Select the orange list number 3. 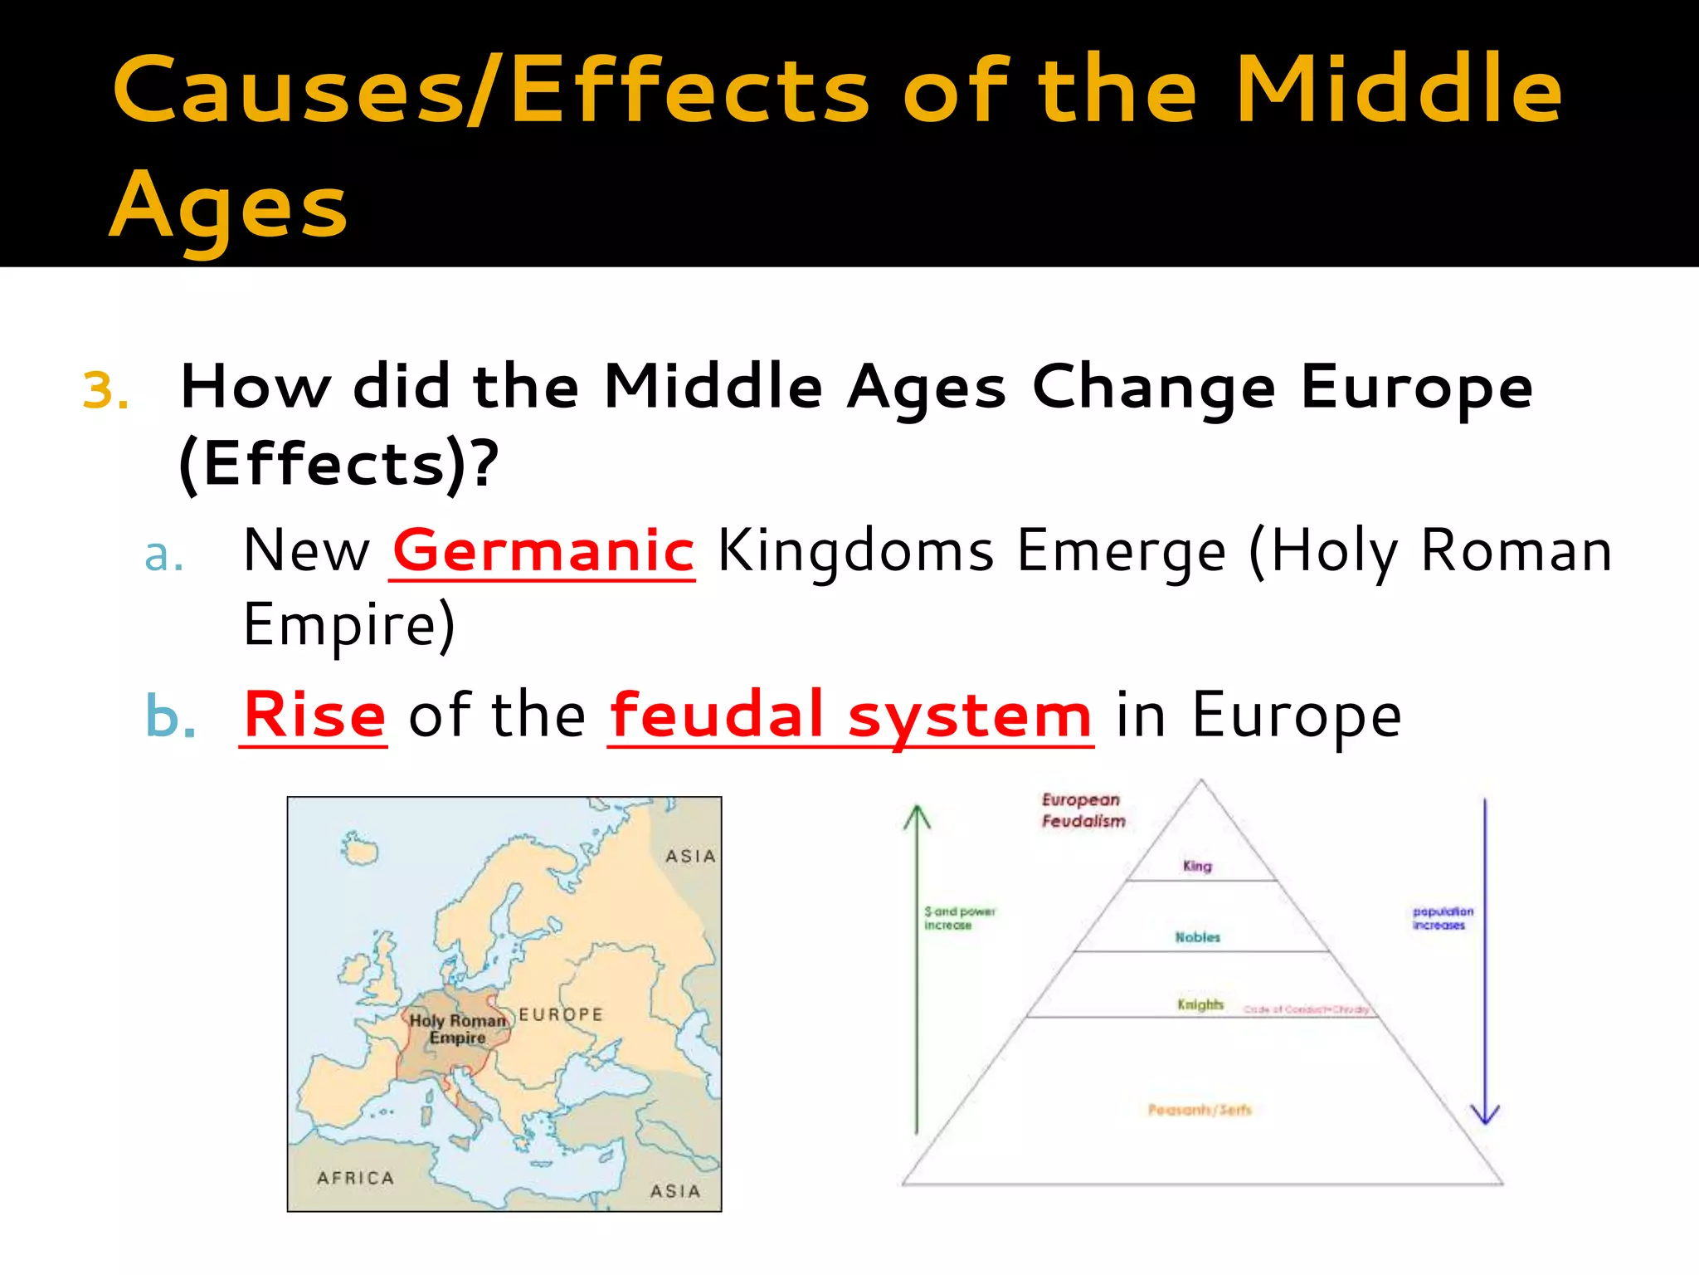[x=105, y=390]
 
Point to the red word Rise [x=314, y=715]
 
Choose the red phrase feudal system [x=850, y=715]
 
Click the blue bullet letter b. [x=170, y=716]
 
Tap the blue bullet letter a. [x=163, y=554]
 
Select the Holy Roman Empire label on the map [x=457, y=1029]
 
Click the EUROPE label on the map [x=561, y=1014]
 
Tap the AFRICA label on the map [x=355, y=1178]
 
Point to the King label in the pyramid [x=1197, y=866]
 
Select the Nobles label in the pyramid [x=1198, y=937]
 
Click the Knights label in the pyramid [x=1200, y=1004]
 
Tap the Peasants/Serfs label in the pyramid [x=1200, y=1110]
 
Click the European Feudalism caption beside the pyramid [x=1083, y=810]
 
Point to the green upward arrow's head [x=917, y=817]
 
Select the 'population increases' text [x=1443, y=918]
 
